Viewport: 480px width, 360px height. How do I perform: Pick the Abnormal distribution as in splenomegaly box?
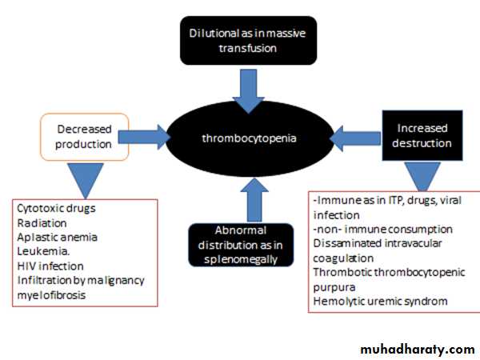point(234,242)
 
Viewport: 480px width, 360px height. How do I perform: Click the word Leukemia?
point(41,251)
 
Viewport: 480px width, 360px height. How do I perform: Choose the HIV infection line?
point(50,266)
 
